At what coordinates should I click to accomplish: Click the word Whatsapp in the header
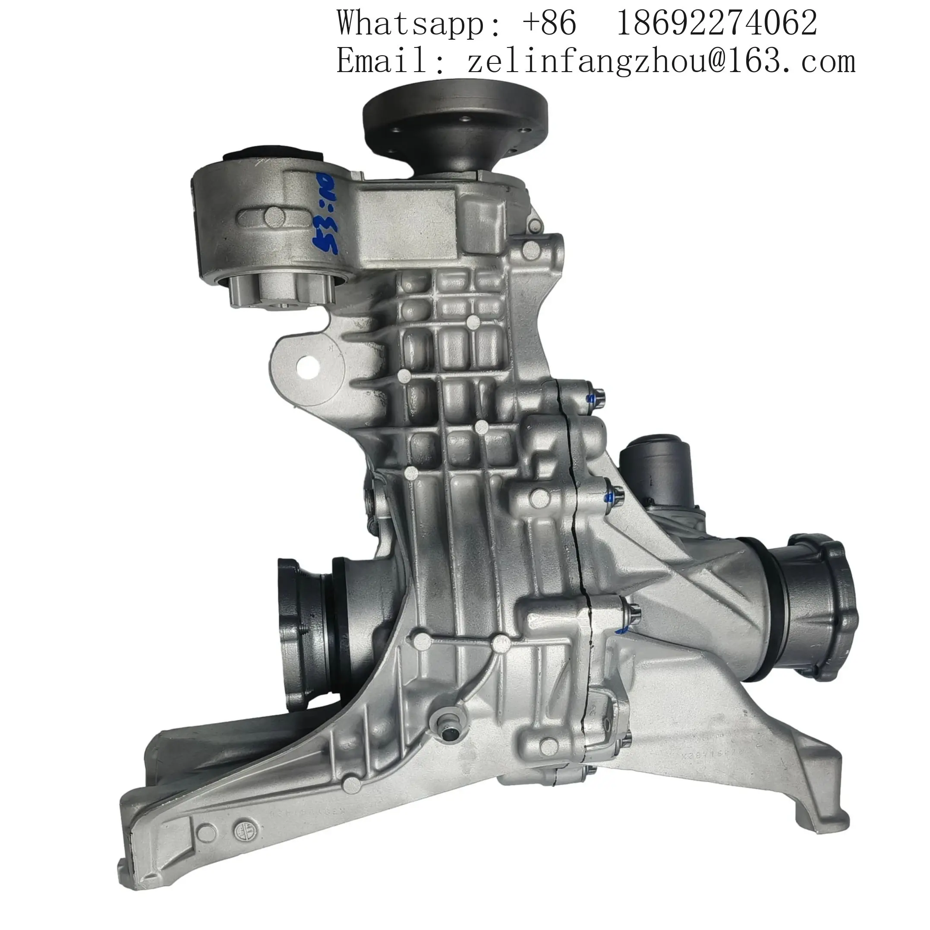click(408, 22)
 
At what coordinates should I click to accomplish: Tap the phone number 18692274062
click(716, 22)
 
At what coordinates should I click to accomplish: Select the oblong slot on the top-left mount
click(273, 218)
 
